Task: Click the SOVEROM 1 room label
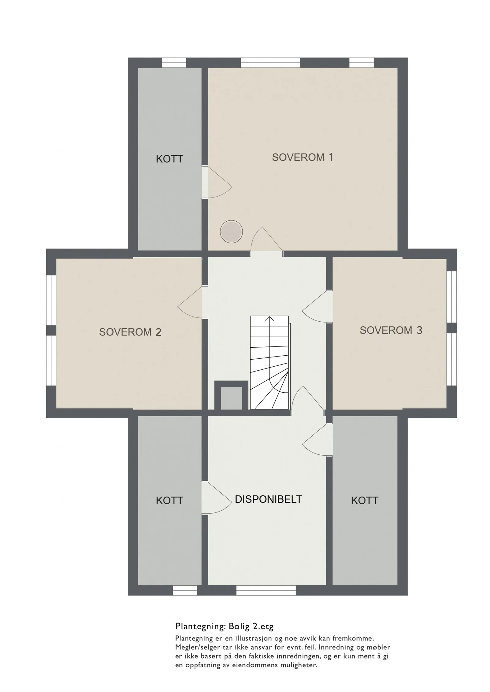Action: [302, 157]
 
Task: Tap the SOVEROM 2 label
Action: [130, 332]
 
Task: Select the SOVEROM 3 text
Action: [391, 330]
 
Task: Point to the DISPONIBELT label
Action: [268, 499]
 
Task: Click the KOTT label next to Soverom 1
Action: [169, 159]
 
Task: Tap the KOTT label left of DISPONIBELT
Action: [169, 501]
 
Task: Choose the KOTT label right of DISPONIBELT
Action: [364, 501]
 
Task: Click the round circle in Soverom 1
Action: [231, 232]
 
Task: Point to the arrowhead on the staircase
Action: [269, 319]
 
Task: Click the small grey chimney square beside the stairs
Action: [231, 398]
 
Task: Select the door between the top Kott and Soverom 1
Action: [217, 182]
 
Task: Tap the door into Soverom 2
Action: [190, 302]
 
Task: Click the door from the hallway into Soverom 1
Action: [267, 239]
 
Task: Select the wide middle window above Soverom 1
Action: [270, 63]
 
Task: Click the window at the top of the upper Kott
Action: [174, 63]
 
